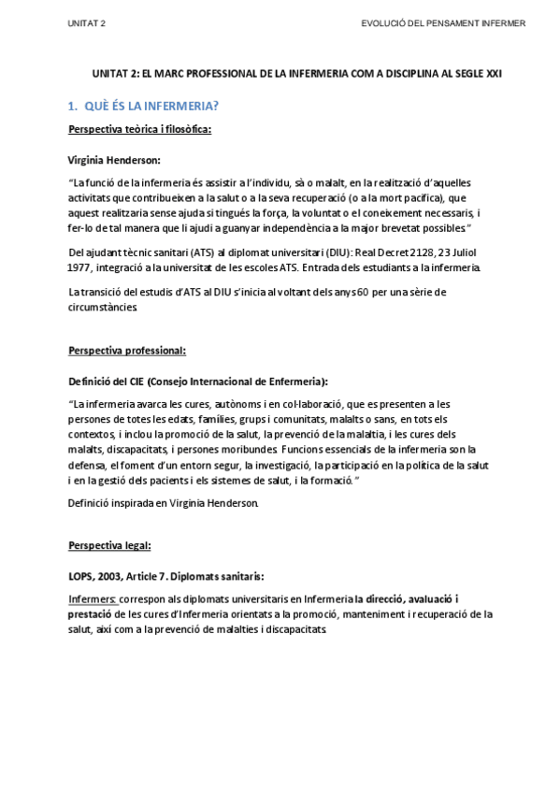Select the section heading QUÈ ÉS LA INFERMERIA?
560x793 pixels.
(150, 105)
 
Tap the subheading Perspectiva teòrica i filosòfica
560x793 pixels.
(140, 129)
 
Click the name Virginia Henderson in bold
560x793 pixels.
(115, 160)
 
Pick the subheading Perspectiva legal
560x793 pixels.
(110, 545)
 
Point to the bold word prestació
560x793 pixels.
(89, 613)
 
